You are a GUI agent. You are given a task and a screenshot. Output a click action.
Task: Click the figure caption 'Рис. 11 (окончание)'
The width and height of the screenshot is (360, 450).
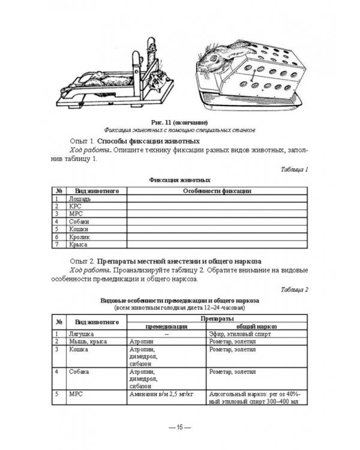[179, 122]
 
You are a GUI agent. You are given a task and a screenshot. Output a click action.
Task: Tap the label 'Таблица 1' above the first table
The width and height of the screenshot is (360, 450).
[294, 169]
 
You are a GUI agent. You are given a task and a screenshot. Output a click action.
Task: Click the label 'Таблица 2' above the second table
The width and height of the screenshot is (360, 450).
[294, 290]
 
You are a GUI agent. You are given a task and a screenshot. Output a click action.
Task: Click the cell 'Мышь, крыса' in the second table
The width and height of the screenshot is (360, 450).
[89, 341]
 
